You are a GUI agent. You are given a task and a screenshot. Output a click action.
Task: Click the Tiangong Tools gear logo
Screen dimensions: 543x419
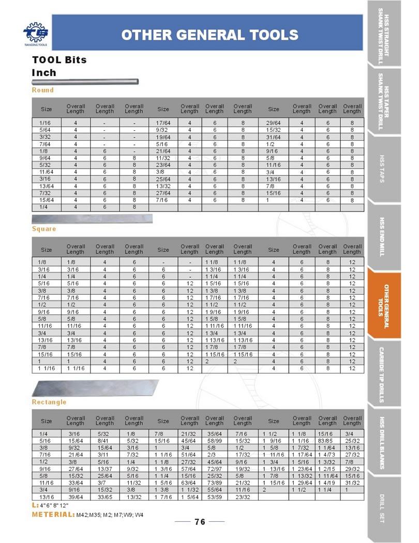point(35,32)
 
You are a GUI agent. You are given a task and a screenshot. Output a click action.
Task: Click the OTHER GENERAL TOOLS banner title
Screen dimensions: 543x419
point(209,35)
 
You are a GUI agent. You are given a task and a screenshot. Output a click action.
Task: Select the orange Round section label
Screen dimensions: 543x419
point(43,90)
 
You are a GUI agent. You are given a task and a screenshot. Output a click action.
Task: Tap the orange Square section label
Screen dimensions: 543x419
point(44,229)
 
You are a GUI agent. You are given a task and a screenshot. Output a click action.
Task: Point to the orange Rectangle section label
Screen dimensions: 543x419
point(49,402)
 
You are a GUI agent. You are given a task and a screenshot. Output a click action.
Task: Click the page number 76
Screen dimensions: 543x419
point(200,522)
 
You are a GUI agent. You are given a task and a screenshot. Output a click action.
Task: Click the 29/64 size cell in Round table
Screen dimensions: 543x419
point(273,123)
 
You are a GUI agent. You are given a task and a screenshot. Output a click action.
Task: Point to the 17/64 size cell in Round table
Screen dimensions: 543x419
point(163,123)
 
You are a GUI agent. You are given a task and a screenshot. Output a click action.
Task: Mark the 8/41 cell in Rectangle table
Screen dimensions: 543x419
point(104,440)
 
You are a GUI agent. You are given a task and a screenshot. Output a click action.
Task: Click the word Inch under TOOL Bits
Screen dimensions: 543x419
point(44,73)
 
